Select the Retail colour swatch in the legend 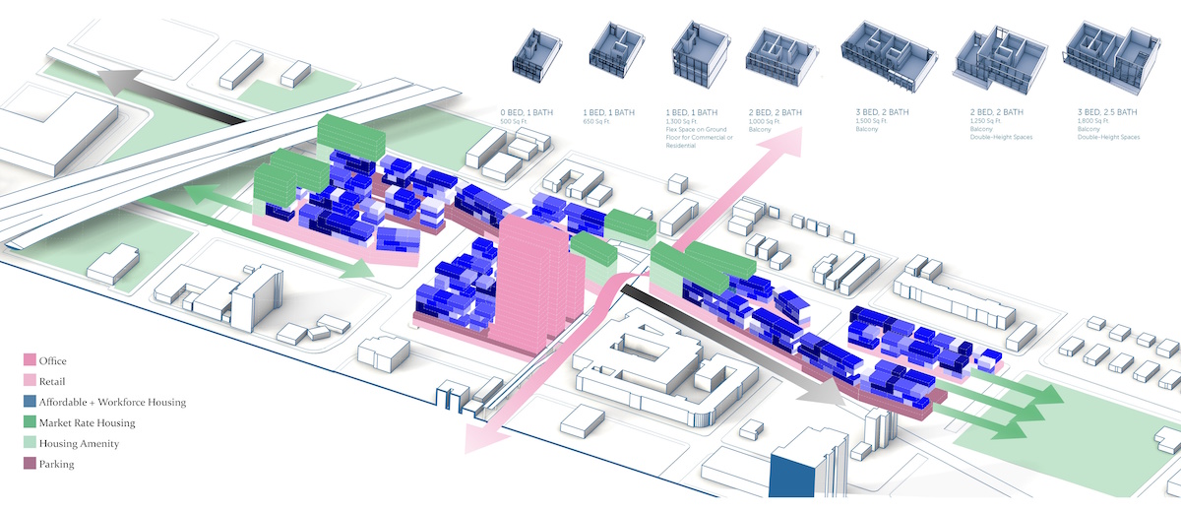(x=29, y=382)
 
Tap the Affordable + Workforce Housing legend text (x=112, y=402)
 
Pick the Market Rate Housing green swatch (x=29, y=422)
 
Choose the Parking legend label (x=56, y=464)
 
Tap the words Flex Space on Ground (x=706, y=134)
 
